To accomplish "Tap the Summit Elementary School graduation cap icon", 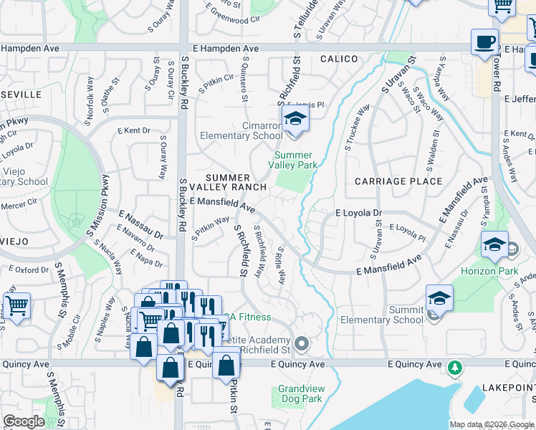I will tap(439, 297).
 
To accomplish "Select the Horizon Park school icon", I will tap(494, 245).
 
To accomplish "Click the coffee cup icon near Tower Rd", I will tap(484, 41).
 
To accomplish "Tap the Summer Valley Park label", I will tap(294, 160).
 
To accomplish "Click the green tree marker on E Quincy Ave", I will tap(454, 368).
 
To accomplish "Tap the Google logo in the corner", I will tap(24, 421).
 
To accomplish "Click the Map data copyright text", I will tap(492, 424).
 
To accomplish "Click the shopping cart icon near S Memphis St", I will tap(16, 305).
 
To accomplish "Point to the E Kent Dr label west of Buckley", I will tap(134, 131).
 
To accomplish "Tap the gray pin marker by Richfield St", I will tap(302, 345).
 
